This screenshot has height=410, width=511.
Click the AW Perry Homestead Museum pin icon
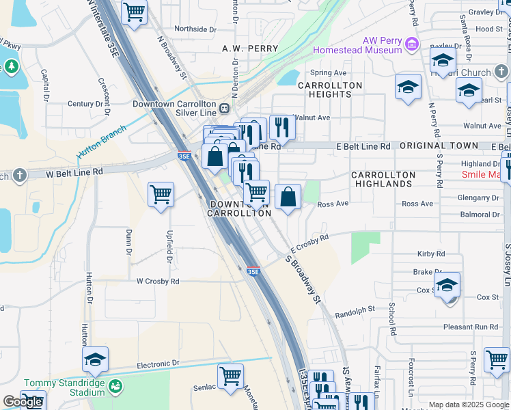tap(412, 44)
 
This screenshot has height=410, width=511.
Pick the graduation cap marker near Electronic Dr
tap(96, 359)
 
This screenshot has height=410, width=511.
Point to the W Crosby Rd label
tap(158, 281)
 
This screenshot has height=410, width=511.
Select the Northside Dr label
tap(195, 29)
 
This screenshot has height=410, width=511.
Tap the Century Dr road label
tap(85, 104)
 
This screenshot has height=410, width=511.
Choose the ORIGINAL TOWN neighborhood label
tap(439, 146)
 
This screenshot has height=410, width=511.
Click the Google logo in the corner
tap(23, 402)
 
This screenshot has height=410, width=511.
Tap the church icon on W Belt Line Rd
tap(19, 175)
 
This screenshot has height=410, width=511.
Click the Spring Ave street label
tap(329, 73)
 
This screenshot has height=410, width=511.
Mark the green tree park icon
tap(11, 66)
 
